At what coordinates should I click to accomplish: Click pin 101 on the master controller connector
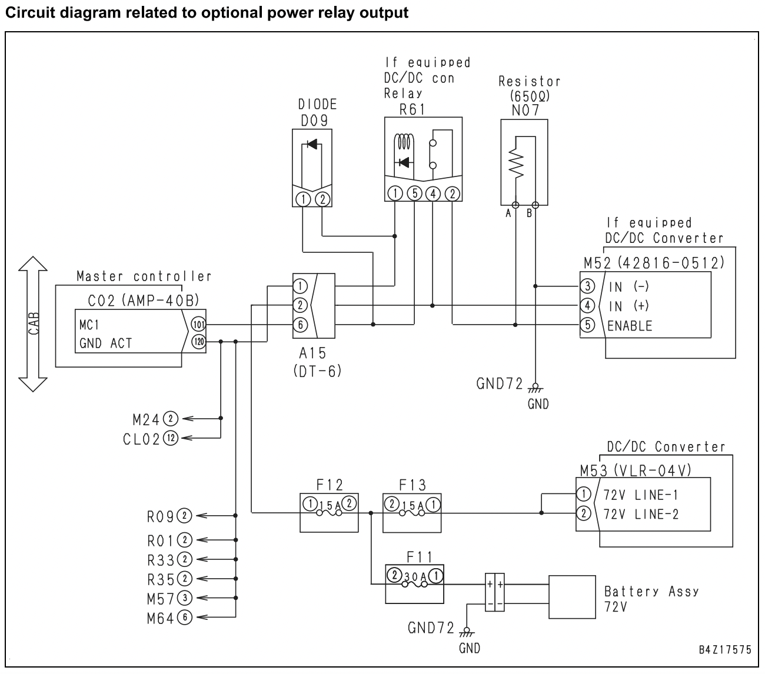pos(199,324)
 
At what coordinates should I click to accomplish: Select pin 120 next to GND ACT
pos(199,342)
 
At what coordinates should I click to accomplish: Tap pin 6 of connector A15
pos(300,325)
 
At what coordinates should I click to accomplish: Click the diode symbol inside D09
pos(312,144)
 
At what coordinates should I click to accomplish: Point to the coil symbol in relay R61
pos(404,143)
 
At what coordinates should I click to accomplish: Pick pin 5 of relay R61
pos(414,193)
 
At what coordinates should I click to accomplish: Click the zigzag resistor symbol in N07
pos(516,163)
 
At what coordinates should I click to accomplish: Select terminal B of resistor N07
pos(535,205)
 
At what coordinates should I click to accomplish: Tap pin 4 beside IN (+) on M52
pos(587,305)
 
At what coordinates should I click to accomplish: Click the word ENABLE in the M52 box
pos(630,326)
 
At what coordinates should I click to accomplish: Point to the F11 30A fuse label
pos(419,556)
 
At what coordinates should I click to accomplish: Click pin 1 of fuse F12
pos(310,503)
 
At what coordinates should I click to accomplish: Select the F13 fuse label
pos(413,485)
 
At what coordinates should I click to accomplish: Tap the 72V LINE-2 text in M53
pos(641,514)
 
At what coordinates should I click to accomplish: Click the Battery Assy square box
pos(572,597)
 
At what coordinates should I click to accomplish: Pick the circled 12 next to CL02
pos(171,438)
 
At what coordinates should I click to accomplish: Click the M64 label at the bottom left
pos(161,619)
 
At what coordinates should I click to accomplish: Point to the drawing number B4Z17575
pos(725,649)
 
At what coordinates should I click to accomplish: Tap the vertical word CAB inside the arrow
pos(34,324)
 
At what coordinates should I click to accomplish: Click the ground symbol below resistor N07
pos(535,388)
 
